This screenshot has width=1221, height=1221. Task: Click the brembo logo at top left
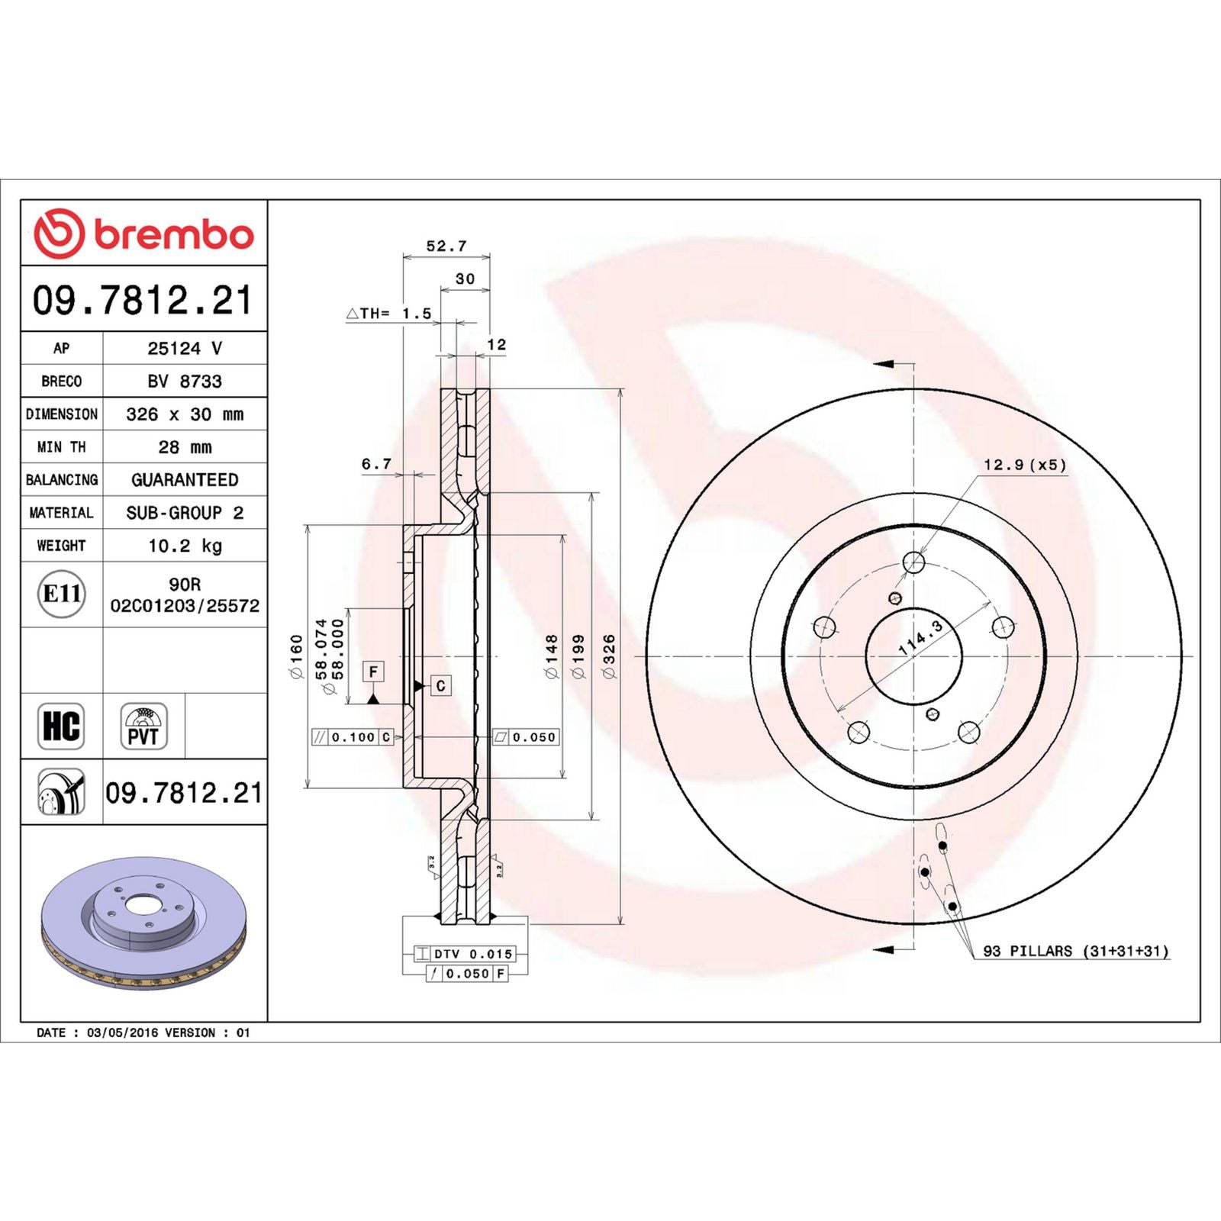point(143,234)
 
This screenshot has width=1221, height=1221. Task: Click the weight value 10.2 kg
point(185,546)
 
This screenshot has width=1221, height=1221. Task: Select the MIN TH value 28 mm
point(185,447)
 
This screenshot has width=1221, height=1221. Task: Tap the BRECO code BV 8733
point(185,381)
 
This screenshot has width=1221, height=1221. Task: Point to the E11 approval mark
point(61,594)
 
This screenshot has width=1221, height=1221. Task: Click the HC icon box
point(61,726)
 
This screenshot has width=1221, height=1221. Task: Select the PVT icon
point(143,726)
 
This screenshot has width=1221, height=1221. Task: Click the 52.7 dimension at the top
point(446,246)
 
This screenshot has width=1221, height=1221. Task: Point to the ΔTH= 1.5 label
point(389,313)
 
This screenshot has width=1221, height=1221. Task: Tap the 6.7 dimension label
point(376,463)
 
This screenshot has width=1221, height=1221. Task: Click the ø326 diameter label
point(608,656)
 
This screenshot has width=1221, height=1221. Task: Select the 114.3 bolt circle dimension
point(920,638)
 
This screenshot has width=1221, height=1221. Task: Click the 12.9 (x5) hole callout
point(1024,465)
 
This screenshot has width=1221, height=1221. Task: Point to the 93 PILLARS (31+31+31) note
point(1075,951)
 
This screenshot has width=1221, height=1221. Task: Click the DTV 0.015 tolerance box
point(466,954)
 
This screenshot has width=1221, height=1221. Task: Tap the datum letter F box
point(373,672)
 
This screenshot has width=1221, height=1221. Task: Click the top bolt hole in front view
point(913,563)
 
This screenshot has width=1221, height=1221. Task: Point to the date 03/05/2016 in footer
point(123,1033)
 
